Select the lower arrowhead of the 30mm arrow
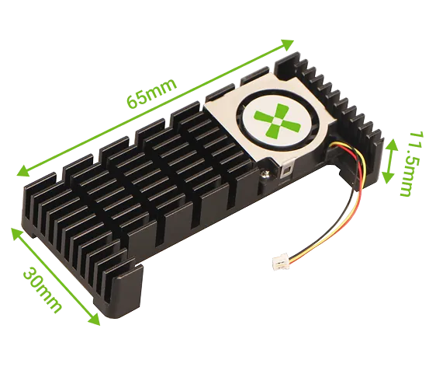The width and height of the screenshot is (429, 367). click(98, 320)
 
